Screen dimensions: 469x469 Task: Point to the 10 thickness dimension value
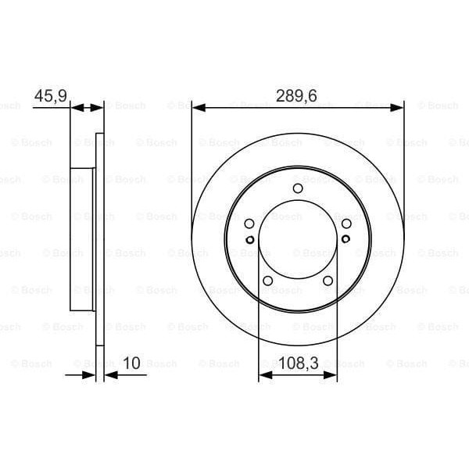point(131,363)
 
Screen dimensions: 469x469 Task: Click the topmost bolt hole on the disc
point(297,188)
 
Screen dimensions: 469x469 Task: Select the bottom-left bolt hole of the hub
point(267,281)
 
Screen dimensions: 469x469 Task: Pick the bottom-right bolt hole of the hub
point(328,281)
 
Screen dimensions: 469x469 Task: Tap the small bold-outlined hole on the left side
point(249,240)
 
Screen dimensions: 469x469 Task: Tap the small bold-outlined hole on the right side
point(345,240)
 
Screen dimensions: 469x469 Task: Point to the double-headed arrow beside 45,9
point(87,107)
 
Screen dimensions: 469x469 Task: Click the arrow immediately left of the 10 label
point(109,375)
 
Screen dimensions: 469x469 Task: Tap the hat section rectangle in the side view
point(82,238)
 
